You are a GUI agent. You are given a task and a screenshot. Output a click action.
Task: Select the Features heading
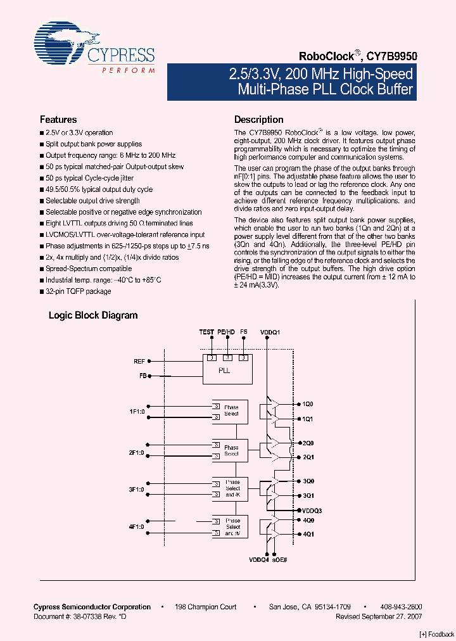pyautogui.click(x=58, y=120)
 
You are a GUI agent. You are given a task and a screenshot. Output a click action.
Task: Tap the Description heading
pyautogui.click(x=259, y=120)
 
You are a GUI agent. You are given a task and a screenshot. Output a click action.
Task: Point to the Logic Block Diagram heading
pyautogui.click(x=93, y=315)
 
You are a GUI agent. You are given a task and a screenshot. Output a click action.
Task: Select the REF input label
pyautogui.click(x=139, y=361)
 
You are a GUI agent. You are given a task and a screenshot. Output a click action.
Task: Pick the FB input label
pyautogui.click(x=142, y=376)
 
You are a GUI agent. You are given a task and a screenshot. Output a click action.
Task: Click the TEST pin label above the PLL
pyautogui.click(x=206, y=332)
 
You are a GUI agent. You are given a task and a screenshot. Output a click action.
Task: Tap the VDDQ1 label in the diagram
pyautogui.click(x=269, y=332)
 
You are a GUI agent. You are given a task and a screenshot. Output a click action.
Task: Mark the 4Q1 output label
pyautogui.click(x=308, y=534)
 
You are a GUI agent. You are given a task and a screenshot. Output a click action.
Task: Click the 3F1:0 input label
pyautogui.click(x=137, y=490)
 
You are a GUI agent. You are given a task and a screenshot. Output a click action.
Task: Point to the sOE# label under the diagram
pyautogui.click(x=281, y=559)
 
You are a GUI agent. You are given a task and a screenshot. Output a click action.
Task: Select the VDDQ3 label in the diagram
pyautogui.click(x=312, y=511)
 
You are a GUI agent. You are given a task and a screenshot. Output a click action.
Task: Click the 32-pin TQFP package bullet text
pyautogui.click(x=78, y=291)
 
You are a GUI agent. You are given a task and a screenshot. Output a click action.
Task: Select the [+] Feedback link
pyautogui.click(x=437, y=634)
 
